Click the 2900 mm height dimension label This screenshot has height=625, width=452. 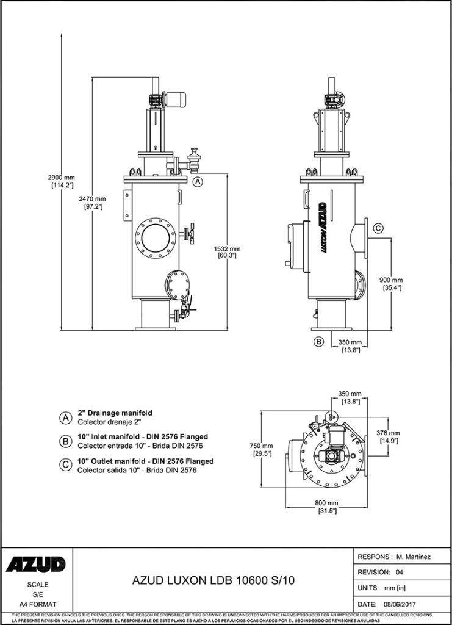point(60,177)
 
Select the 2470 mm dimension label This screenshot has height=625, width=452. point(93,200)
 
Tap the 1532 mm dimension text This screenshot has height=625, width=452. point(227,248)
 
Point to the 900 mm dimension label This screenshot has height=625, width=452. point(391,280)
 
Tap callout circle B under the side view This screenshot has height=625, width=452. point(318,342)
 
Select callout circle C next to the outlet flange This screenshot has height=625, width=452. point(378,228)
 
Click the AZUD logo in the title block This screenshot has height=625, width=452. point(36,565)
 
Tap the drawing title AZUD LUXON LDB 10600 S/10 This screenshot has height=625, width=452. point(213,582)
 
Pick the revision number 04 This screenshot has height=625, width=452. point(400,573)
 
